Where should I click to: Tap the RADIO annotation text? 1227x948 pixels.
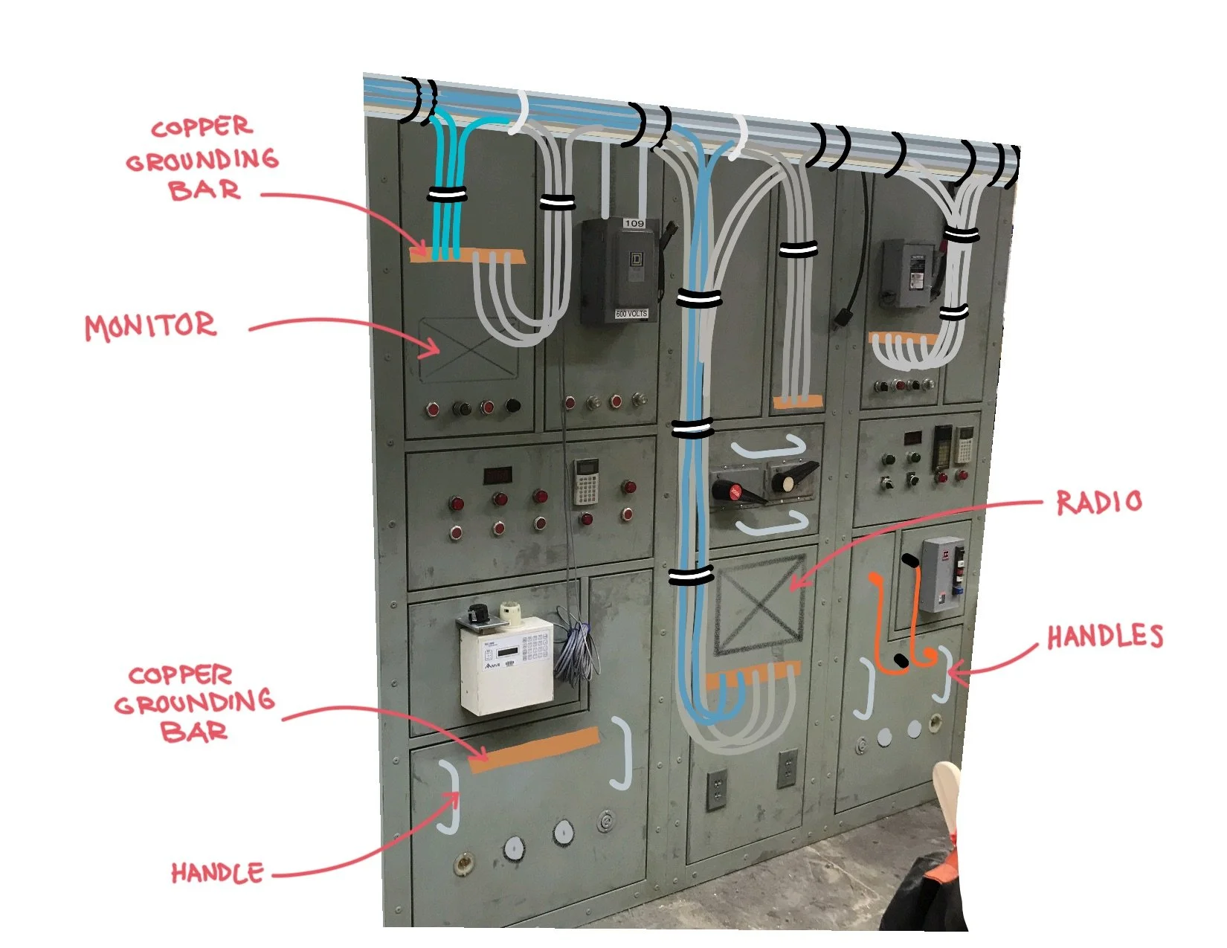(1098, 503)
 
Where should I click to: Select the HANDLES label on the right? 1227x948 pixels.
(1104, 636)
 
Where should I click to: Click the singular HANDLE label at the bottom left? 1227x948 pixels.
(217, 872)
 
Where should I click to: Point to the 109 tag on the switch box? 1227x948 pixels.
(634, 223)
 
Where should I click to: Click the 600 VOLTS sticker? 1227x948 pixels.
(631, 314)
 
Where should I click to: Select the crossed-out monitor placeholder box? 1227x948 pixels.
(468, 349)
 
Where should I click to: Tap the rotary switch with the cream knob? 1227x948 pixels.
(788, 480)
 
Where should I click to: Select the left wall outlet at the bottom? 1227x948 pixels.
(715, 790)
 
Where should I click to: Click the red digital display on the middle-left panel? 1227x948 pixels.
(497, 474)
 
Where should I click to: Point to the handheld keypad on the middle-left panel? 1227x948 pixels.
(586, 480)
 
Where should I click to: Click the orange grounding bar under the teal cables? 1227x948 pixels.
(467, 256)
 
